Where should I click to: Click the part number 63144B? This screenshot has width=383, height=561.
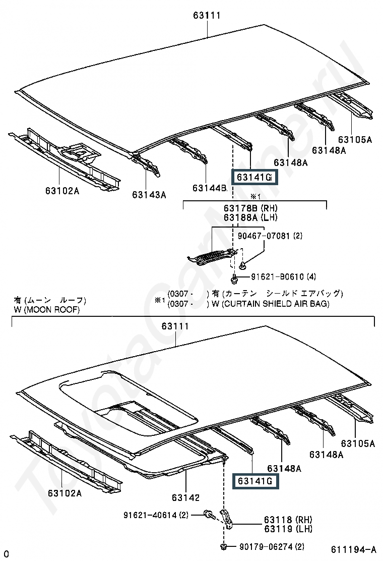(x=209, y=188)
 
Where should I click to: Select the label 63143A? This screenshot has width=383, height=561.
(x=149, y=195)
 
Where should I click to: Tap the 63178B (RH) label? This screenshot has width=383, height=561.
(x=250, y=208)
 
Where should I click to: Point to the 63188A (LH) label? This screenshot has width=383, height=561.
(x=250, y=217)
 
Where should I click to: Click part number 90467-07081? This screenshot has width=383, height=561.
(x=264, y=236)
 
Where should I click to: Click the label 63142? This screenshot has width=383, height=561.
(x=185, y=497)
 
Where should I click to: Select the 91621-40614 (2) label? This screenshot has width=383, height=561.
(x=156, y=515)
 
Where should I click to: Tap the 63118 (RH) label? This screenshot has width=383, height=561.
(x=288, y=519)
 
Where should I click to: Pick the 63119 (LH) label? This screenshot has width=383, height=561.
(x=288, y=528)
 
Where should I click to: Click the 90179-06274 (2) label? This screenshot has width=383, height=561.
(x=272, y=546)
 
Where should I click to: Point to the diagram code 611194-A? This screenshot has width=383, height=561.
(x=353, y=549)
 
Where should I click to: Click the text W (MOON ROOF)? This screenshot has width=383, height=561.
(x=46, y=309)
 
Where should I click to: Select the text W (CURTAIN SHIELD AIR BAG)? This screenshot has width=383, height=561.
(x=271, y=304)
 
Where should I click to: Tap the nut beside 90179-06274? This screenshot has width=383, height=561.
(x=224, y=546)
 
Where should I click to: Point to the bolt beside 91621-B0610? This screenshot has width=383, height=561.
(x=234, y=277)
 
